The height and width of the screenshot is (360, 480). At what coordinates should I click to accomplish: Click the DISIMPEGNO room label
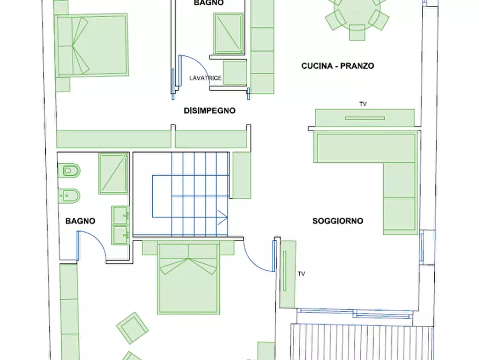coord(210,111)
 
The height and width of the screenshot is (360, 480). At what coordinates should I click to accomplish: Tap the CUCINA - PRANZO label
coord(338,66)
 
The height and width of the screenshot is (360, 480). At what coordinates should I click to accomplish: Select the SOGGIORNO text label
coord(338,221)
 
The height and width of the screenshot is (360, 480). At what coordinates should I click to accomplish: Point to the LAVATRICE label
coord(205,78)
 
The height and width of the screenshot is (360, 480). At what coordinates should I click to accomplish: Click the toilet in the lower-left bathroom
coord(71,171)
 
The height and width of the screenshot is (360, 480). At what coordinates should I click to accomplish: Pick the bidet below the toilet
coord(70,196)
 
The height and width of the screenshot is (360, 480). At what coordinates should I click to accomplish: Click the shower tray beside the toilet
coord(113,174)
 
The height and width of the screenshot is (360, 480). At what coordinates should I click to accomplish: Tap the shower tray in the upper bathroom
coord(228,34)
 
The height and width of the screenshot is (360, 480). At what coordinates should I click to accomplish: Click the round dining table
coord(357,12)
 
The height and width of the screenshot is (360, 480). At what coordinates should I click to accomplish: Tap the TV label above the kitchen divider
coord(363,104)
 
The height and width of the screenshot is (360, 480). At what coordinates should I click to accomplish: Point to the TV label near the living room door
coord(301,273)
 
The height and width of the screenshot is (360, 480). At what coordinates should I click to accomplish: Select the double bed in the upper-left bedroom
coord(92,45)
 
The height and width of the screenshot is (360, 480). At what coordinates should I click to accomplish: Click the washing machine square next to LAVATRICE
coord(235,73)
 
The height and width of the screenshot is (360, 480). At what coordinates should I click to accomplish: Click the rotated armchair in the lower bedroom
coord(132,328)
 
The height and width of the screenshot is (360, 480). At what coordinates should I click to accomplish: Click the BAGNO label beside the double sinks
coord(80,221)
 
